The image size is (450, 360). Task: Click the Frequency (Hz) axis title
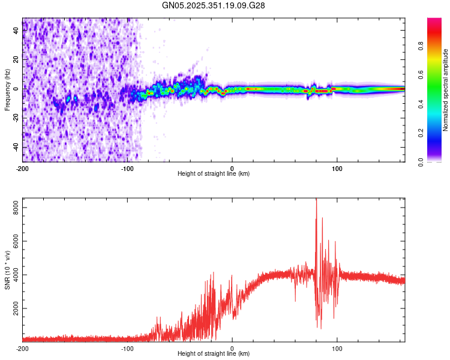tap(7, 90)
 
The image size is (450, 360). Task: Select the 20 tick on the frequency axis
tap(16, 59)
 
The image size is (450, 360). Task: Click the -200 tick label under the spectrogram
tap(22, 168)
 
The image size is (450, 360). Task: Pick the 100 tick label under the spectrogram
tap(337, 168)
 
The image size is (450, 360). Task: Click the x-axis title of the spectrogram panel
tap(214, 174)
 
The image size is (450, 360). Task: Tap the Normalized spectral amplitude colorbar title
tap(445, 90)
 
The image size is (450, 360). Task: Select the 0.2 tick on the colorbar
tap(437, 133)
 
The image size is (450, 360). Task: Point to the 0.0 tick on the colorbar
tap(437, 161)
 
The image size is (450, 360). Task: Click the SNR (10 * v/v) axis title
tap(7, 270)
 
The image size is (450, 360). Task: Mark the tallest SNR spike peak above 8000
tap(316, 200)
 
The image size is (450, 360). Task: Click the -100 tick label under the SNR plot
tap(127, 348)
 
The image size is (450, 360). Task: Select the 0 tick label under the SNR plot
tap(232, 348)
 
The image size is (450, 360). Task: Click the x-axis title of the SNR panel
tap(214, 354)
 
